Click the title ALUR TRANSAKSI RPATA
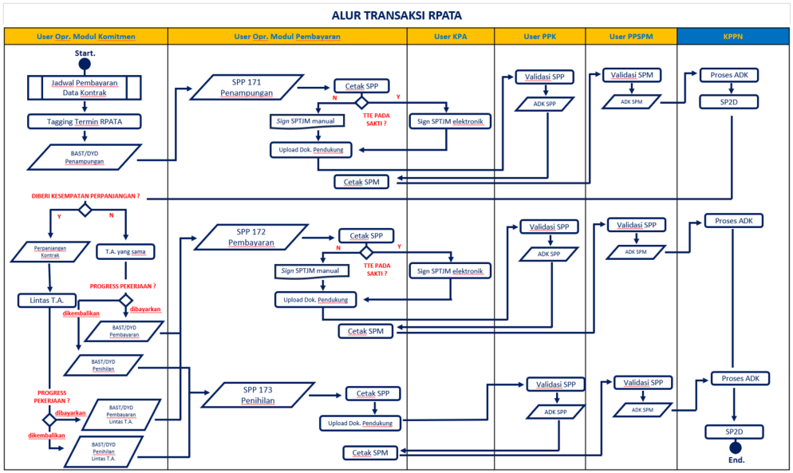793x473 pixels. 396,15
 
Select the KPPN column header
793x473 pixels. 732,37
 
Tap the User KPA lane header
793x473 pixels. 451,37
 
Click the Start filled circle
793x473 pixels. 85,64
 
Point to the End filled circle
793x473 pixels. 736,447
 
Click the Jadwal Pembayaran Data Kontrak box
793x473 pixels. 85,87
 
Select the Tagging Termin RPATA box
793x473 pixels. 85,121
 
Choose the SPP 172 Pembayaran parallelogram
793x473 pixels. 251,237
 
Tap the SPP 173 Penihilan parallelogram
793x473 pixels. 258,395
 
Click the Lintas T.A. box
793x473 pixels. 47,301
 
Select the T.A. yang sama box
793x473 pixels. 124,251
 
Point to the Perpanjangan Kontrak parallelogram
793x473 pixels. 50,252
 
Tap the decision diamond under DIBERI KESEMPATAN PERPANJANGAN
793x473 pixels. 85,210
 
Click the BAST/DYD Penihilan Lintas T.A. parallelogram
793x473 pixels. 104,451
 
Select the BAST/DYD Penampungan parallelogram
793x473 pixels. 85,156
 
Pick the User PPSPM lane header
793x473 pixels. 630,37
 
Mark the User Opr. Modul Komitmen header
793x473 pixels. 85,37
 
